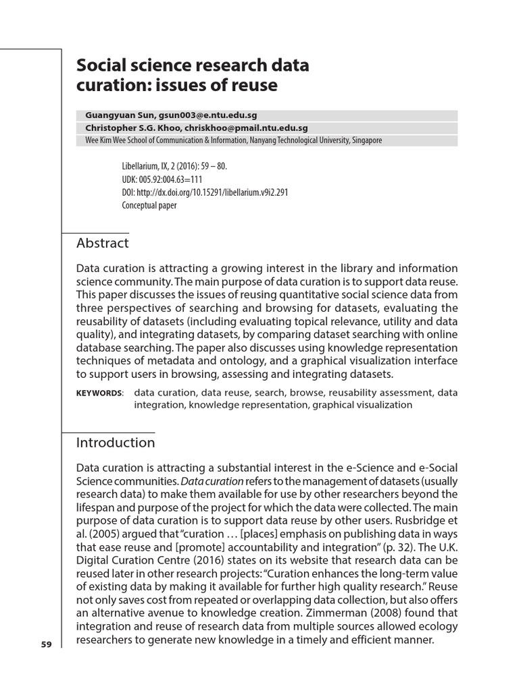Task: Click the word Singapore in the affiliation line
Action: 365,140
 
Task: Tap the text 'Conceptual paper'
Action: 149,205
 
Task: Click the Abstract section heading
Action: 103,243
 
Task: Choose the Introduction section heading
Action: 116,443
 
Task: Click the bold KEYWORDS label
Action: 99,393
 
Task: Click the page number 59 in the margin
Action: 46,644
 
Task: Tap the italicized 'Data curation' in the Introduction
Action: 212,481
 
